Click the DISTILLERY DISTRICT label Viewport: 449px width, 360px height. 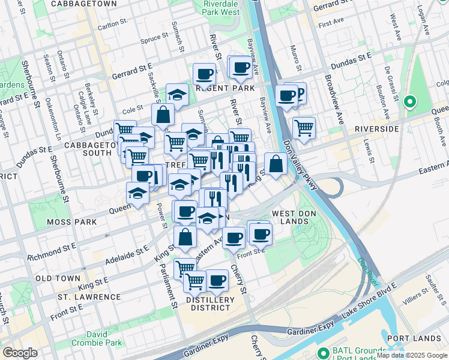[x=209, y=304]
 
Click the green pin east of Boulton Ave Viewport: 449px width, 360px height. [x=411, y=102]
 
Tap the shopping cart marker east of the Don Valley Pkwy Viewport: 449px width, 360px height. [x=304, y=128]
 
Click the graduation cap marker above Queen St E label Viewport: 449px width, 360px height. [x=137, y=193]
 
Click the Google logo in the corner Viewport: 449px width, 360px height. [x=20, y=353]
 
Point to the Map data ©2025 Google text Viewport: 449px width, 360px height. [x=412, y=355]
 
